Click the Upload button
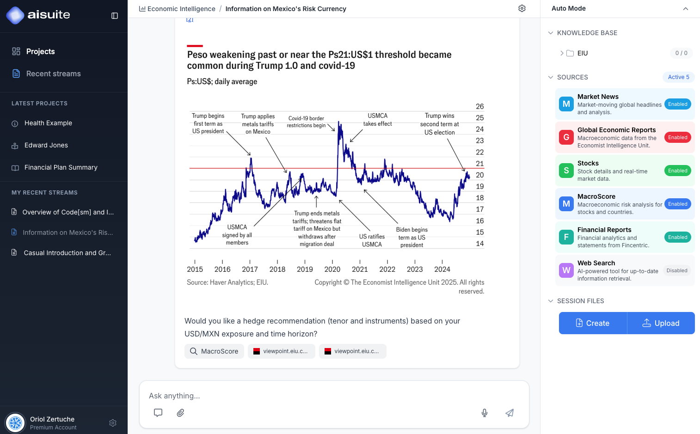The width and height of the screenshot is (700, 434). click(661, 323)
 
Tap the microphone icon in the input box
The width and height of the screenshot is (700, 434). click(485, 413)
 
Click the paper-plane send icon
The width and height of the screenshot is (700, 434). click(510, 413)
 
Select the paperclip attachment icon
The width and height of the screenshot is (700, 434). click(180, 413)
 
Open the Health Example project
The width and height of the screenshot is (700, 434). click(48, 123)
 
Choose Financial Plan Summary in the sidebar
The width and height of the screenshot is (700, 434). click(61, 167)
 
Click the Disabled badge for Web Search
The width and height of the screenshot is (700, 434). click(677, 270)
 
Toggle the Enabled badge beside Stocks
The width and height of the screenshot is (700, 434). click(677, 171)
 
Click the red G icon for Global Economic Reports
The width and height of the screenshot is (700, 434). click(566, 137)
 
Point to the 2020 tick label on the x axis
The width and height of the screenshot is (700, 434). click(332, 269)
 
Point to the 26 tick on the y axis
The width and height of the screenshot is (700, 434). click(480, 106)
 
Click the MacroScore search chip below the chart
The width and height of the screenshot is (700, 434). click(214, 351)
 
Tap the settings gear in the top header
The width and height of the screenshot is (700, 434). click(522, 8)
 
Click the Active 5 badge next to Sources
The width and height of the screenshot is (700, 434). click(678, 77)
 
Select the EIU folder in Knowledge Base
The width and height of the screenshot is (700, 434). click(582, 53)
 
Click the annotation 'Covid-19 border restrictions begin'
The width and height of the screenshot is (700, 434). click(306, 122)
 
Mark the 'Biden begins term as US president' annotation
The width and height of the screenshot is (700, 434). click(411, 237)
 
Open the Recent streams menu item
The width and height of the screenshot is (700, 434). click(53, 73)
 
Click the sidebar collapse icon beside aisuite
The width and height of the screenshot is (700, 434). click(115, 16)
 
